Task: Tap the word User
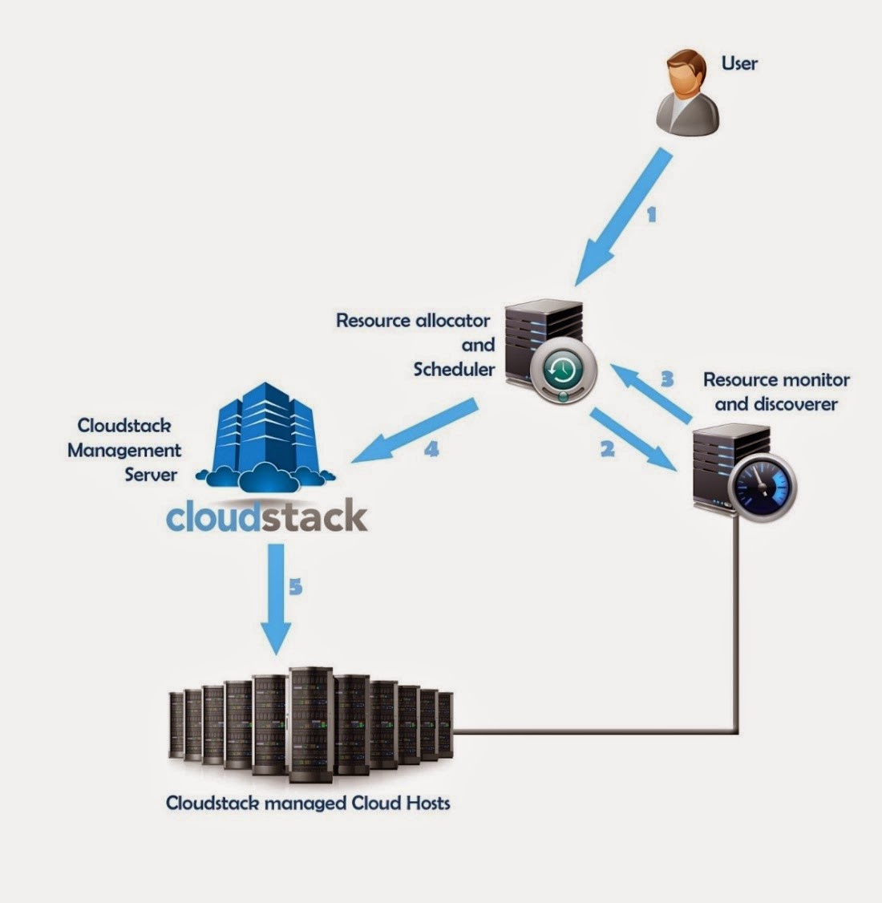(739, 63)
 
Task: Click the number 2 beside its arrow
(607, 449)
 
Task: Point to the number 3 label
(666, 378)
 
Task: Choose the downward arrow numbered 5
(277, 597)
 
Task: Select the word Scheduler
(454, 369)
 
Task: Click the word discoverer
(775, 403)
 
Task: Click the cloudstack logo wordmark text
(266, 517)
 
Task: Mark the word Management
(124, 450)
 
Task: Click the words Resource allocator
(412, 321)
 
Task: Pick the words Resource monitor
(775, 379)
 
